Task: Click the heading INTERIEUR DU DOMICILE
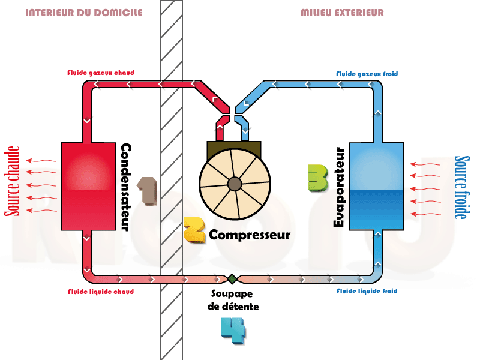pyautogui.click(x=84, y=13)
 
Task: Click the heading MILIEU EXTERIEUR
pyautogui.click(x=342, y=13)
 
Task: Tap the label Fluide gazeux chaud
pyautogui.click(x=100, y=73)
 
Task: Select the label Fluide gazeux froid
pyautogui.click(x=367, y=74)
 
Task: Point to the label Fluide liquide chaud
pyautogui.click(x=100, y=292)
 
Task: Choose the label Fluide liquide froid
pyautogui.click(x=367, y=292)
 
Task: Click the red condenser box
pyautogui.click(x=88, y=186)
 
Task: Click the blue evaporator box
pyautogui.click(x=376, y=186)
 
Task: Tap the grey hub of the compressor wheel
pyautogui.click(x=235, y=184)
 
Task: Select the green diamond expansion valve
pyautogui.click(x=231, y=278)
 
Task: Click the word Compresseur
pyautogui.click(x=250, y=235)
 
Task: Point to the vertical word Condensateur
pyautogui.click(x=126, y=187)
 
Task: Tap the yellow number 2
pyautogui.click(x=194, y=229)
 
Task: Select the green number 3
pyautogui.click(x=317, y=178)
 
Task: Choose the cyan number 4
pyautogui.click(x=233, y=329)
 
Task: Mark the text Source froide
pyautogui.click(x=461, y=187)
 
